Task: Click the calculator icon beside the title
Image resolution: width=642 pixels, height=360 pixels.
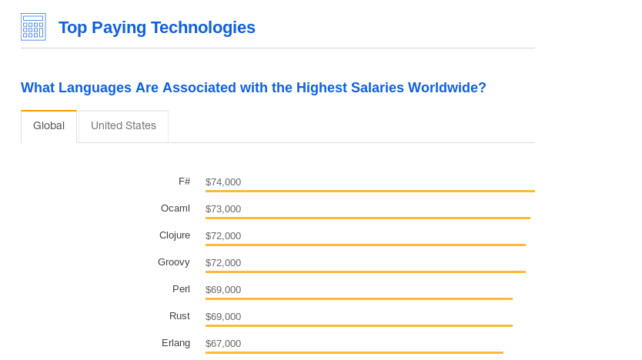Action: point(33,27)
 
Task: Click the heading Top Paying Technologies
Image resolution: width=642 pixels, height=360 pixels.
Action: point(157,28)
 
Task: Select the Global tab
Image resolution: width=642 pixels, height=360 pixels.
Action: point(48,125)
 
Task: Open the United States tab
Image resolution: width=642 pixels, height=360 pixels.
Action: point(123,125)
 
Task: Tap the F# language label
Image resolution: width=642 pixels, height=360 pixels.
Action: point(184,182)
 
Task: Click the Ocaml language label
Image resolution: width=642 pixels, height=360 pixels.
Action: point(175,208)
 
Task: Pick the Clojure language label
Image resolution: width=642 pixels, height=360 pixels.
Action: point(174,235)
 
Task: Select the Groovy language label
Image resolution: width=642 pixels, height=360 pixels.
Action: point(173,262)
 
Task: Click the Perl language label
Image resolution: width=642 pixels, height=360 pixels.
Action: point(181,289)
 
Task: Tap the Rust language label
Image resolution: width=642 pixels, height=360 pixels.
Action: point(179,316)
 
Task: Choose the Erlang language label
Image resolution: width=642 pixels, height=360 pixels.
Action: point(176,343)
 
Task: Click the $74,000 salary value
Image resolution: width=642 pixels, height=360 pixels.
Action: point(223,182)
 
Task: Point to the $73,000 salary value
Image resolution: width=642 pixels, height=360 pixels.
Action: point(223,209)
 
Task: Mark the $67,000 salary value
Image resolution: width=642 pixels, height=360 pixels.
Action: point(223,344)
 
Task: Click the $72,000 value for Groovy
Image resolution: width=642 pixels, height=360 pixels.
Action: point(223,263)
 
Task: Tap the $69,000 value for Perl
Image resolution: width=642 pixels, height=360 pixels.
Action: point(223,290)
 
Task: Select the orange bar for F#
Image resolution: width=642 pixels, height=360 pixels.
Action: point(369,191)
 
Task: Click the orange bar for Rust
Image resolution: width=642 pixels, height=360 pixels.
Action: point(359,325)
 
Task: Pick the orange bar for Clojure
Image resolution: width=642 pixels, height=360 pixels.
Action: point(365,245)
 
